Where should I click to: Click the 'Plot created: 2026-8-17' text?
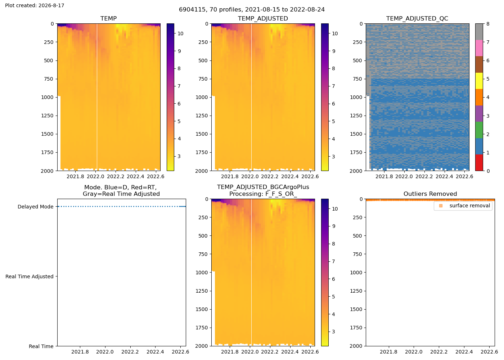pos(35,5)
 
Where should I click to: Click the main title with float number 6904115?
pos(252,10)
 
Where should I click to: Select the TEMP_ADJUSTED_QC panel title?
pos(417,18)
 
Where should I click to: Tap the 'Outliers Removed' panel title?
pos(430,194)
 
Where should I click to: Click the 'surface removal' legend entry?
pos(469,206)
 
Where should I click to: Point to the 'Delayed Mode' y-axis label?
pos(36,207)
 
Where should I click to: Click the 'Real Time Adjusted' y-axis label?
pos(30,276)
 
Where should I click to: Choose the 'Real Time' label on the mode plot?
pos(41,346)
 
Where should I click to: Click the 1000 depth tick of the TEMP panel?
pos(47,97)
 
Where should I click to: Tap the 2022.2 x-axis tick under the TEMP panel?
pos(116,176)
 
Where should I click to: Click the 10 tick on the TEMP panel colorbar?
pos(180,33)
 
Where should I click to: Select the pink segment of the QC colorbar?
pos(479,48)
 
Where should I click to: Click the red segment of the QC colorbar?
pos(479,162)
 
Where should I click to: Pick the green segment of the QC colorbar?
pos(479,130)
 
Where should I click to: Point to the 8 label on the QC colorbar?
pos(488,24)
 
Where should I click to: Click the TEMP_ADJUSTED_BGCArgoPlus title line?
pos(263,187)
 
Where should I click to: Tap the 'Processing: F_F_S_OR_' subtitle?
pos(263,194)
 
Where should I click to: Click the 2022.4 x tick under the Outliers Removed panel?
pos(464,352)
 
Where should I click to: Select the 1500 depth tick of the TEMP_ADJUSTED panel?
pos(202,134)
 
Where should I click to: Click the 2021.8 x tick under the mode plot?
pos(80,352)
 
